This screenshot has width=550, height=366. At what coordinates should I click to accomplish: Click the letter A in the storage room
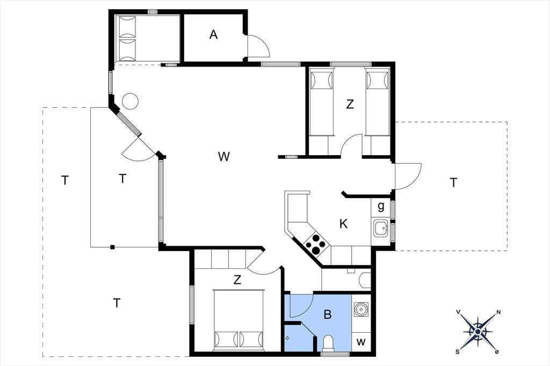(214, 35)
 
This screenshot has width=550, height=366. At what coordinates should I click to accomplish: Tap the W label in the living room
(223, 156)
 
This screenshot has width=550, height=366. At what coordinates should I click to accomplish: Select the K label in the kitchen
(343, 223)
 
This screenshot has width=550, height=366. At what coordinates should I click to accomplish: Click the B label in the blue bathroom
(328, 314)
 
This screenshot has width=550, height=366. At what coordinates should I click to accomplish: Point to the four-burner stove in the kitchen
(314, 244)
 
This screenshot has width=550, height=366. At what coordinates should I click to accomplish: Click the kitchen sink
(380, 229)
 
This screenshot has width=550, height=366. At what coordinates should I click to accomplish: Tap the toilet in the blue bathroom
(329, 343)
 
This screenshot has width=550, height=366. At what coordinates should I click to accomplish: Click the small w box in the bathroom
(361, 342)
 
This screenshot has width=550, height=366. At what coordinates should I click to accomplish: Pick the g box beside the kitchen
(381, 207)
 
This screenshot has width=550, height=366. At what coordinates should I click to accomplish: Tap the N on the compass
(498, 312)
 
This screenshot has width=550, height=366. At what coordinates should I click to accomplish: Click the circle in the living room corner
(130, 101)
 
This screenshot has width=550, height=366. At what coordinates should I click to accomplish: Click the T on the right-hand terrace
(453, 182)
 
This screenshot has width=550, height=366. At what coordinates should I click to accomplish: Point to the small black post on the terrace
(112, 247)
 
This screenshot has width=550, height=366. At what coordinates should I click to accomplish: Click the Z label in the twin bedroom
(350, 104)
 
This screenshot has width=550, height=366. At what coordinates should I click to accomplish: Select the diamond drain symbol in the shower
(287, 338)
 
